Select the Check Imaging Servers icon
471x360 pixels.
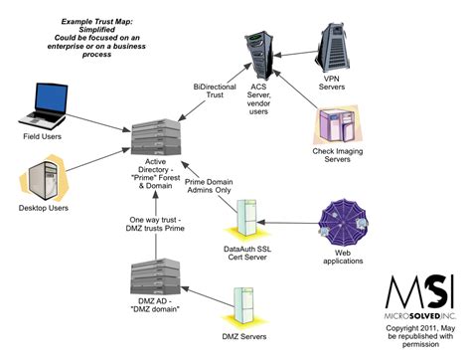point(337,128)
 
